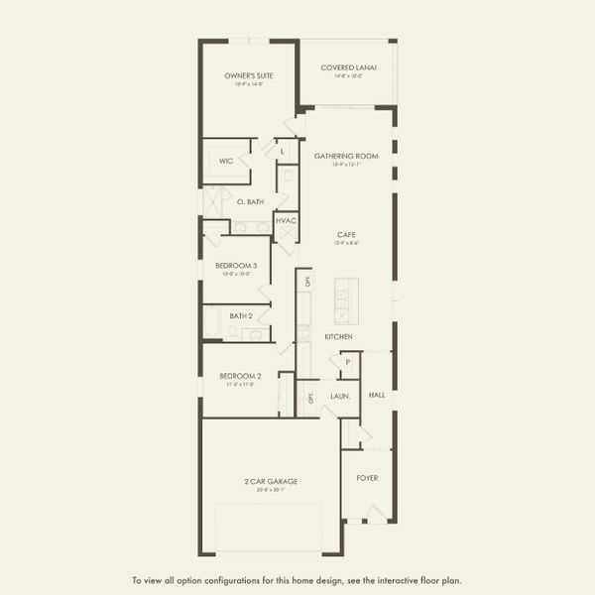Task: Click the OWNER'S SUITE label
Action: [249, 75]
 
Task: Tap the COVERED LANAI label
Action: [347, 67]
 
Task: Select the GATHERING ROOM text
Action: [347, 156]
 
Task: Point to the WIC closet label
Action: [226, 160]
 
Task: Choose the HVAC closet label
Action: [286, 220]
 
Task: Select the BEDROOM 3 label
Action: [236, 266]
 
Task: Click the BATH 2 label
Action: [242, 315]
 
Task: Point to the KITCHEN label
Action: [339, 337]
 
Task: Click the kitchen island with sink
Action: [347, 302]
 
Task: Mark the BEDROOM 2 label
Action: [240, 376]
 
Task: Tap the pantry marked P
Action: [348, 363]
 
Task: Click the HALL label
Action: [377, 395]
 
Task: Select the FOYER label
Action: [367, 478]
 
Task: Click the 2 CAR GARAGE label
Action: [272, 481]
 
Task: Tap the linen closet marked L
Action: [283, 151]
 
